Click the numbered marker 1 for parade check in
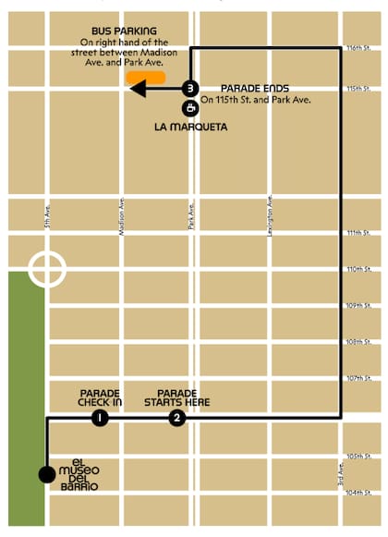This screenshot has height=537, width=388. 100,419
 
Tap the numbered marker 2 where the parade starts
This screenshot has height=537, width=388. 177,419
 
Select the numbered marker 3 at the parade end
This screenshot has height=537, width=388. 189,89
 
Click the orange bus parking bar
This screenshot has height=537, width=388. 148,79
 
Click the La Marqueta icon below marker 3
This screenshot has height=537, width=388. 189,107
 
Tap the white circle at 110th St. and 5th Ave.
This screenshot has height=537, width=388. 46,269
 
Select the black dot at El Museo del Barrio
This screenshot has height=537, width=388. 46,474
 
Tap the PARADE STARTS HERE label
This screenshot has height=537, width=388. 183,397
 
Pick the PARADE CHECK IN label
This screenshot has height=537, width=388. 101,397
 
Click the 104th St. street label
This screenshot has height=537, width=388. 358,493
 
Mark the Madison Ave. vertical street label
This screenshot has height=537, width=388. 123,216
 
